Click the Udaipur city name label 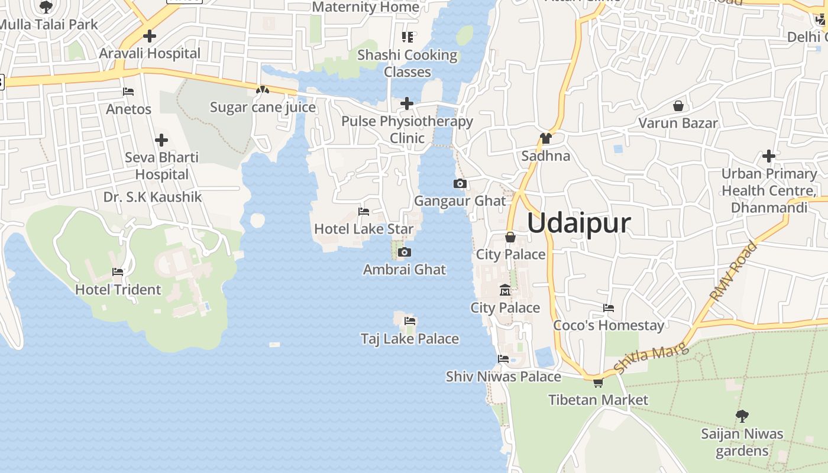pos(578,223)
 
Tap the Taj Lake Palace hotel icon pos(410,321)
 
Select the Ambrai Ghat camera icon pos(405,252)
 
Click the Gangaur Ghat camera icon pos(460,184)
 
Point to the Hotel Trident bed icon pos(118,272)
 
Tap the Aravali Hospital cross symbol pos(150,36)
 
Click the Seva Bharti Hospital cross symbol pos(161,140)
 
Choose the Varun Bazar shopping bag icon pos(678,106)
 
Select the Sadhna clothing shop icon pos(545,139)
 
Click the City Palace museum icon pos(505,290)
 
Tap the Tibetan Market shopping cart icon pos(598,383)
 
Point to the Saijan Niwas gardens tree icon pos(742,416)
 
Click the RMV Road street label pos(733,271)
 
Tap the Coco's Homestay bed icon pos(608,308)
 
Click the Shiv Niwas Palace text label pos(503,377)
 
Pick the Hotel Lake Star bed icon pos(364,212)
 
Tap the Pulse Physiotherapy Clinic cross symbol pos(407,103)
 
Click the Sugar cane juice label pos(263,108)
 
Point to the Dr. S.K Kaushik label pos(153,197)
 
